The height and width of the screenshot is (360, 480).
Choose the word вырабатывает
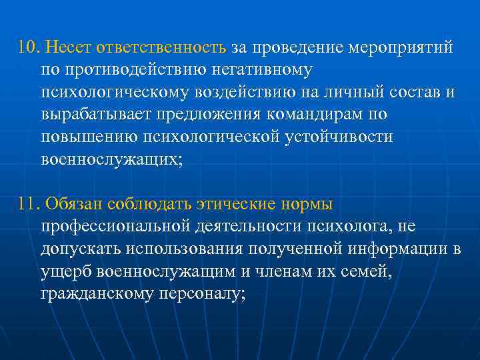[x=95, y=115]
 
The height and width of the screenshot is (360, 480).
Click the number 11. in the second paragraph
[x=29, y=204]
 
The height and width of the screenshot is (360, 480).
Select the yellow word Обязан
[x=74, y=204]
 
